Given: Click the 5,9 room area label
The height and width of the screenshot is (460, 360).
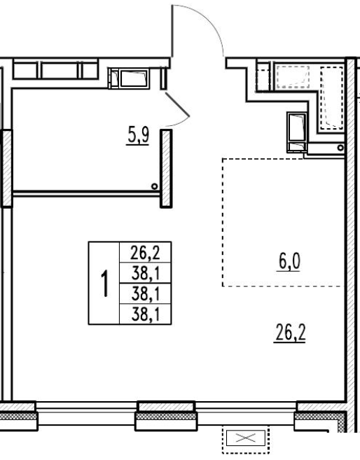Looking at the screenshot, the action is coord(138,137).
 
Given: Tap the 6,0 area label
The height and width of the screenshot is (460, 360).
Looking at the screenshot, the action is coord(289,262).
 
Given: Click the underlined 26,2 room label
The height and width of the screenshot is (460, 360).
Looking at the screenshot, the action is coord(290,333).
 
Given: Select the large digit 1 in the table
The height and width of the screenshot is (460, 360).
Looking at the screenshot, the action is coord(104,284).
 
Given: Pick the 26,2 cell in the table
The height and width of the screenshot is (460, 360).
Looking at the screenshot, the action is coord(145,252).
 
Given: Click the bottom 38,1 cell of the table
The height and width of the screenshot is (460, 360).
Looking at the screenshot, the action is coord(145,314).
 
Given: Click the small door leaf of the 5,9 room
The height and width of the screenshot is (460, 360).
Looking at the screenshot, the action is coord(177,104).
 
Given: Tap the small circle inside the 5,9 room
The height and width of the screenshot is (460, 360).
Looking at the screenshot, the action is coord(154,186).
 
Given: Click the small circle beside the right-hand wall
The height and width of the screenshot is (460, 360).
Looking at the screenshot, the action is coord(340,148).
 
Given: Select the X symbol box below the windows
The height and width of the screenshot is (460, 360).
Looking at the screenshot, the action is coord(246,438).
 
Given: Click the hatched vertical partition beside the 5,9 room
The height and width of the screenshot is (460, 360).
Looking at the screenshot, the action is coord(166,169).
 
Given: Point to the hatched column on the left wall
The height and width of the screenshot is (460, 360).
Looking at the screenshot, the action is coord(7,169).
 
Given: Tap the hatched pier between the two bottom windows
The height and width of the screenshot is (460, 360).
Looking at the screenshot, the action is coord(166,416).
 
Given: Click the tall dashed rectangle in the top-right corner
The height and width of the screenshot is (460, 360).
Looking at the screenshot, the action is coord(331,98).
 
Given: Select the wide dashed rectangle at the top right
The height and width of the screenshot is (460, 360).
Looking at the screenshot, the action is coord(293,77).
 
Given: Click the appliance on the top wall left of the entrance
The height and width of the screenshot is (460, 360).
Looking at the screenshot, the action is coord(129,78).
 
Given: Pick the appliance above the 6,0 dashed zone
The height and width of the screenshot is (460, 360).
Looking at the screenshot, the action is coord(297,132).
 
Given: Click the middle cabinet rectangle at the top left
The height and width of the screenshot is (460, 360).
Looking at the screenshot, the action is coord(60,71).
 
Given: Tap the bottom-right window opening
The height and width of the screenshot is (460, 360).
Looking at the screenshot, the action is coord(245,414).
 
